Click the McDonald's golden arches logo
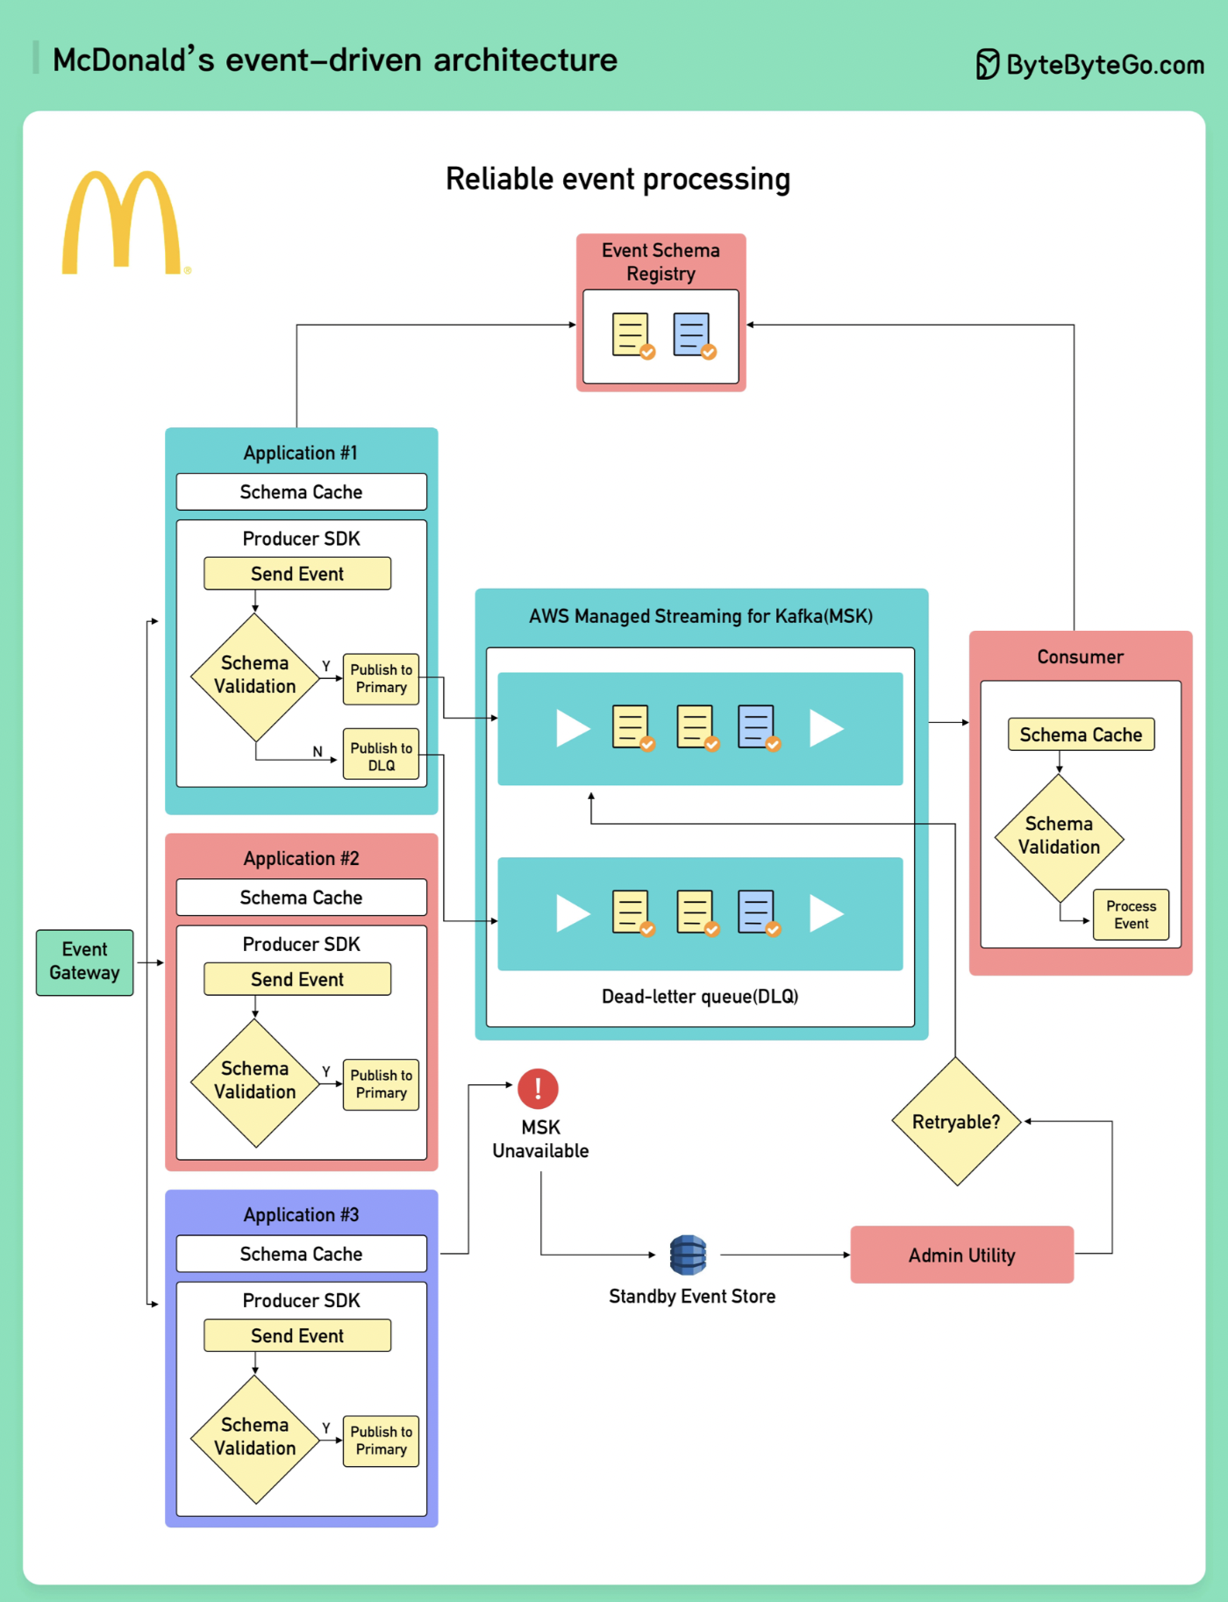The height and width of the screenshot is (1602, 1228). tap(122, 222)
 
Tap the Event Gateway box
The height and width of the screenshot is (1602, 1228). tap(84, 962)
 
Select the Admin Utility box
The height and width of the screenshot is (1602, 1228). tap(961, 1255)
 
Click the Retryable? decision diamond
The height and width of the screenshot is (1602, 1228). tap(956, 1121)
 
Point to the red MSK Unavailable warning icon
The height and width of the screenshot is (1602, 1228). tap(538, 1089)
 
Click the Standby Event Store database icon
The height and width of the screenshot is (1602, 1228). tap(688, 1255)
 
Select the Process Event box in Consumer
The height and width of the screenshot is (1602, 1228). tap(1131, 915)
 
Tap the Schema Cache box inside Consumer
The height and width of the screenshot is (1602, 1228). tap(1081, 734)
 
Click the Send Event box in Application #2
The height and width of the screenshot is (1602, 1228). tap(297, 979)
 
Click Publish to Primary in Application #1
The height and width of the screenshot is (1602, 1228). tap(381, 678)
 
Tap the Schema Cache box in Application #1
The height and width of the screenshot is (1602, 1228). tap(301, 491)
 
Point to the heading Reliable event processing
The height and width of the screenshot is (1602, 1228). tap(618, 179)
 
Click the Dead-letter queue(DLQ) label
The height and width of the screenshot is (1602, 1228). tap(700, 997)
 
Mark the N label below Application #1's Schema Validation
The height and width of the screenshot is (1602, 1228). tap(318, 752)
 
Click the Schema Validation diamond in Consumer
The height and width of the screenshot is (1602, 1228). tap(1059, 837)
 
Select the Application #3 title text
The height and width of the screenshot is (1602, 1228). tap(301, 1215)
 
